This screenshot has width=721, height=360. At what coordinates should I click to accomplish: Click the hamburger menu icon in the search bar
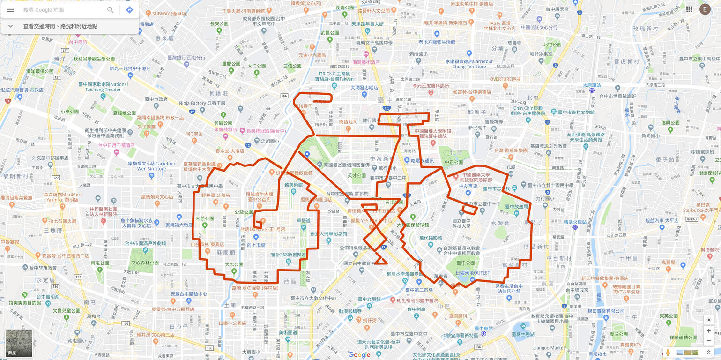pyautogui.click(x=11, y=10)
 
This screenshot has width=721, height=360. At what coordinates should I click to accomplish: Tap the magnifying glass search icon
pyautogui.click(x=111, y=10)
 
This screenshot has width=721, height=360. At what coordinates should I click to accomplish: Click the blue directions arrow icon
pyautogui.click(x=130, y=10)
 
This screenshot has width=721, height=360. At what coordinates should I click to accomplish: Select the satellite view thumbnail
pyautogui.click(x=19, y=344)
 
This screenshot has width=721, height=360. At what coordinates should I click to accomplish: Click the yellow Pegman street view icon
pyautogui.click(x=668, y=352)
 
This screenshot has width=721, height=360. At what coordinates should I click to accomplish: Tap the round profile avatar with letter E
pyautogui.click(x=705, y=9)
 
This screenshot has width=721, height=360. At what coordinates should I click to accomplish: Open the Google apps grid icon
pyautogui.click(x=689, y=9)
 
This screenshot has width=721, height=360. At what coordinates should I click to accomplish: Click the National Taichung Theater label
pyautogui.click(x=106, y=87)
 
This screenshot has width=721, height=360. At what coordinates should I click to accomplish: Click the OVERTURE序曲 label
pyautogui.click(x=505, y=79)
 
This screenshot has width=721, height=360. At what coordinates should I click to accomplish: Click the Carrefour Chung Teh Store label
pyautogui.click(x=469, y=64)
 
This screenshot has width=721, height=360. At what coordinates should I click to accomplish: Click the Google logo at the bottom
pyautogui.click(x=359, y=355)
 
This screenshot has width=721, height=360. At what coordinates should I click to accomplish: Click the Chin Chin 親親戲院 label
pyautogui.click(x=528, y=111)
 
